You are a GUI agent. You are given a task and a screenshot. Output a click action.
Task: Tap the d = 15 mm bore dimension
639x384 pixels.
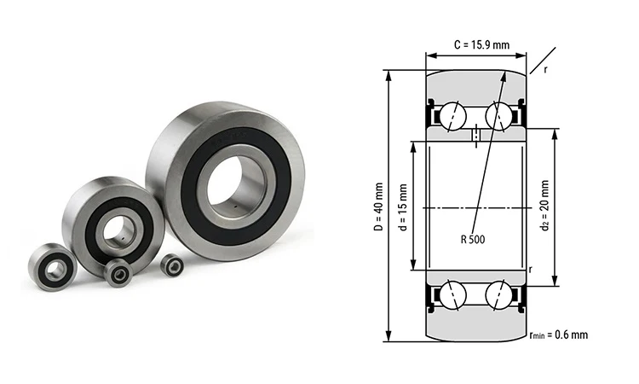click(x=403, y=205)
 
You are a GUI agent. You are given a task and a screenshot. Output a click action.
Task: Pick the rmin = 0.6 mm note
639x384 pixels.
click(x=558, y=335)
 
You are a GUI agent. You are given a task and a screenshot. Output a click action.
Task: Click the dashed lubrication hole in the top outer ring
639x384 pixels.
click(x=475, y=135)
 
